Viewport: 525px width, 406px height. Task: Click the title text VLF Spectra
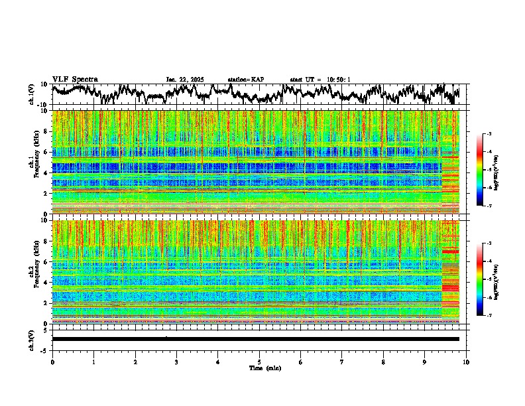pyautogui.click(x=75, y=80)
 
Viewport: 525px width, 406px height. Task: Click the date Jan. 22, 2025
pyautogui.click(x=185, y=80)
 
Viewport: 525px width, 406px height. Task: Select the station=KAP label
pyautogui.click(x=245, y=80)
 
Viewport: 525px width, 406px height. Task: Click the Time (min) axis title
pyautogui.click(x=259, y=368)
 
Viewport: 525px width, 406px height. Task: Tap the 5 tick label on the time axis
pyautogui.click(x=259, y=362)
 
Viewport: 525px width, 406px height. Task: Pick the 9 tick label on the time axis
pyautogui.click(x=425, y=362)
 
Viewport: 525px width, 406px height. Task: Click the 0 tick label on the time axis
pyautogui.click(x=52, y=362)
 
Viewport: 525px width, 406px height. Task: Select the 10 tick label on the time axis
pyautogui.click(x=466, y=362)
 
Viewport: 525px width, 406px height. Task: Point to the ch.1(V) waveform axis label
pyautogui.click(x=32, y=95)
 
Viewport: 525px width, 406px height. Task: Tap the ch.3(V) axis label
pyautogui.click(x=32, y=339)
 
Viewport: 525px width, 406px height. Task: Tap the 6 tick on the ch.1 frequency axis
pyautogui.click(x=46, y=152)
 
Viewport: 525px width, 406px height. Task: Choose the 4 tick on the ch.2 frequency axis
pyautogui.click(x=46, y=283)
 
